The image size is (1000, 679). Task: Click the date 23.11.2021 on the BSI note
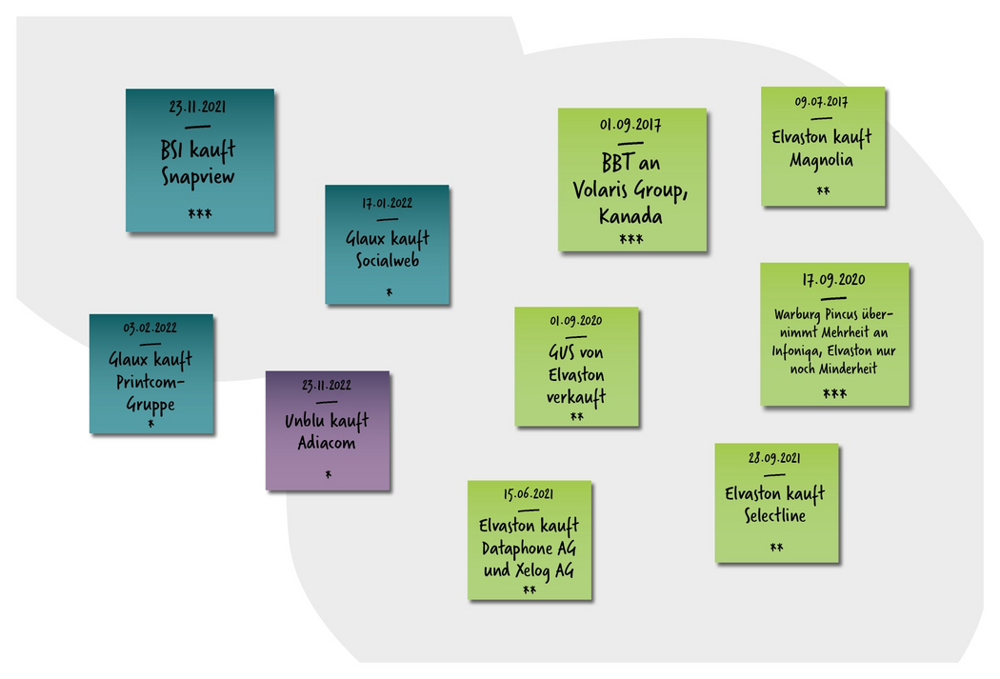click(199, 108)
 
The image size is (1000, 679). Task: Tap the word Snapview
click(198, 177)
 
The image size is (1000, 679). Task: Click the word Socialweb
click(387, 260)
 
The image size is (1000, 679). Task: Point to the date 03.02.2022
click(150, 329)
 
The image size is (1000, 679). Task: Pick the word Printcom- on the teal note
click(150, 382)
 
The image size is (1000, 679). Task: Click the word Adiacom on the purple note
click(327, 443)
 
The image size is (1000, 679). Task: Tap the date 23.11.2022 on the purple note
click(327, 386)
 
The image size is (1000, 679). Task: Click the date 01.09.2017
click(630, 126)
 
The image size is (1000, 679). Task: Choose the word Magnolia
click(821, 160)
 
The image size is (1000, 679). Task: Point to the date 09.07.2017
click(821, 102)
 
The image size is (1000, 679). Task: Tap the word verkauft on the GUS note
click(576, 396)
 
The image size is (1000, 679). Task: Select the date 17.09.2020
click(833, 280)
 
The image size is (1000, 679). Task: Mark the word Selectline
click(775, 515)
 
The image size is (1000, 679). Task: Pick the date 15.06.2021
click(529, 495)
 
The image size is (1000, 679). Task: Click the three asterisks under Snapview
click(199, 213)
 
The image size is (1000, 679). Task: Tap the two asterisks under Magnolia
click(823, 191)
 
